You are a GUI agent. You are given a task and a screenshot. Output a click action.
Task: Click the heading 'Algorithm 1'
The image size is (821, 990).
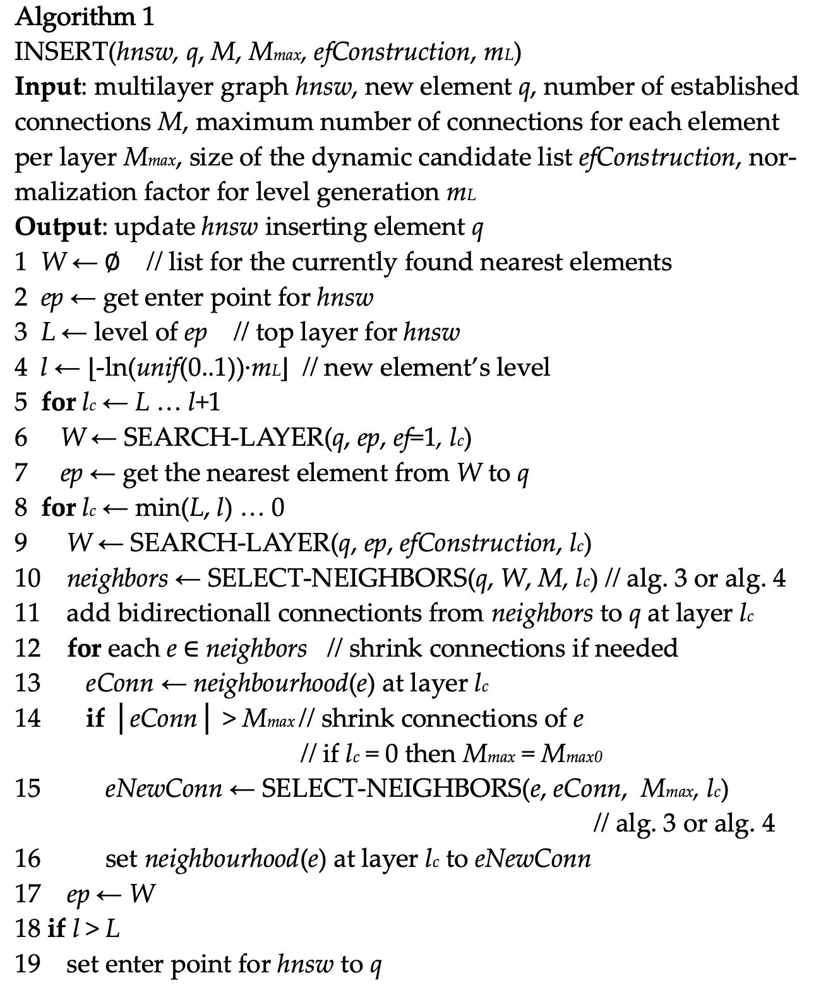[x=84, y=17]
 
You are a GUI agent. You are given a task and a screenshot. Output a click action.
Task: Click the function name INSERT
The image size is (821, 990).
[x=61, y=52]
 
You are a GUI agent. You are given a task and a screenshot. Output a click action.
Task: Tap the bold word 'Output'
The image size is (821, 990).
[x=57, y=227]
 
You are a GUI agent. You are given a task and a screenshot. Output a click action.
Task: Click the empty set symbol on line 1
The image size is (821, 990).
[x=111, y=262]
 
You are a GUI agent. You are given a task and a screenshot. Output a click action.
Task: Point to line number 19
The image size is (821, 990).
[x=27, y=964]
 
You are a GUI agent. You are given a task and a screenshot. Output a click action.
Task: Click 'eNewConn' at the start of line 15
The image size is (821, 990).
[x=164, y=789]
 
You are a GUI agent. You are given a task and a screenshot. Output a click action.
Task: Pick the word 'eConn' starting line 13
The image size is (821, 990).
[x=119, y=683]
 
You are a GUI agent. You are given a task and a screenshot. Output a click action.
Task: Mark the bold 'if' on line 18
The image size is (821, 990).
[x=56, y=929]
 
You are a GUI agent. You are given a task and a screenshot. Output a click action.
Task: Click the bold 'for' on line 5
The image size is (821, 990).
[x=58, y=402]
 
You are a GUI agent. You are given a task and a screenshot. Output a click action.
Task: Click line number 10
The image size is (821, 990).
[x=27, y=578]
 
